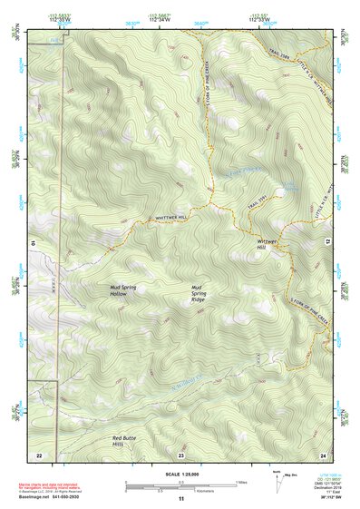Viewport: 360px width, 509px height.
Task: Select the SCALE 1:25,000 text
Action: click(180, 475)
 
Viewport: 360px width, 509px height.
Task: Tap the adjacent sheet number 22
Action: click(39, 454)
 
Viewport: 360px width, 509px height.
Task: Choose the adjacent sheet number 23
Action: click(181, 454)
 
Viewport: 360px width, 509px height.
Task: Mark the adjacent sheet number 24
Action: click(322, 454)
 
